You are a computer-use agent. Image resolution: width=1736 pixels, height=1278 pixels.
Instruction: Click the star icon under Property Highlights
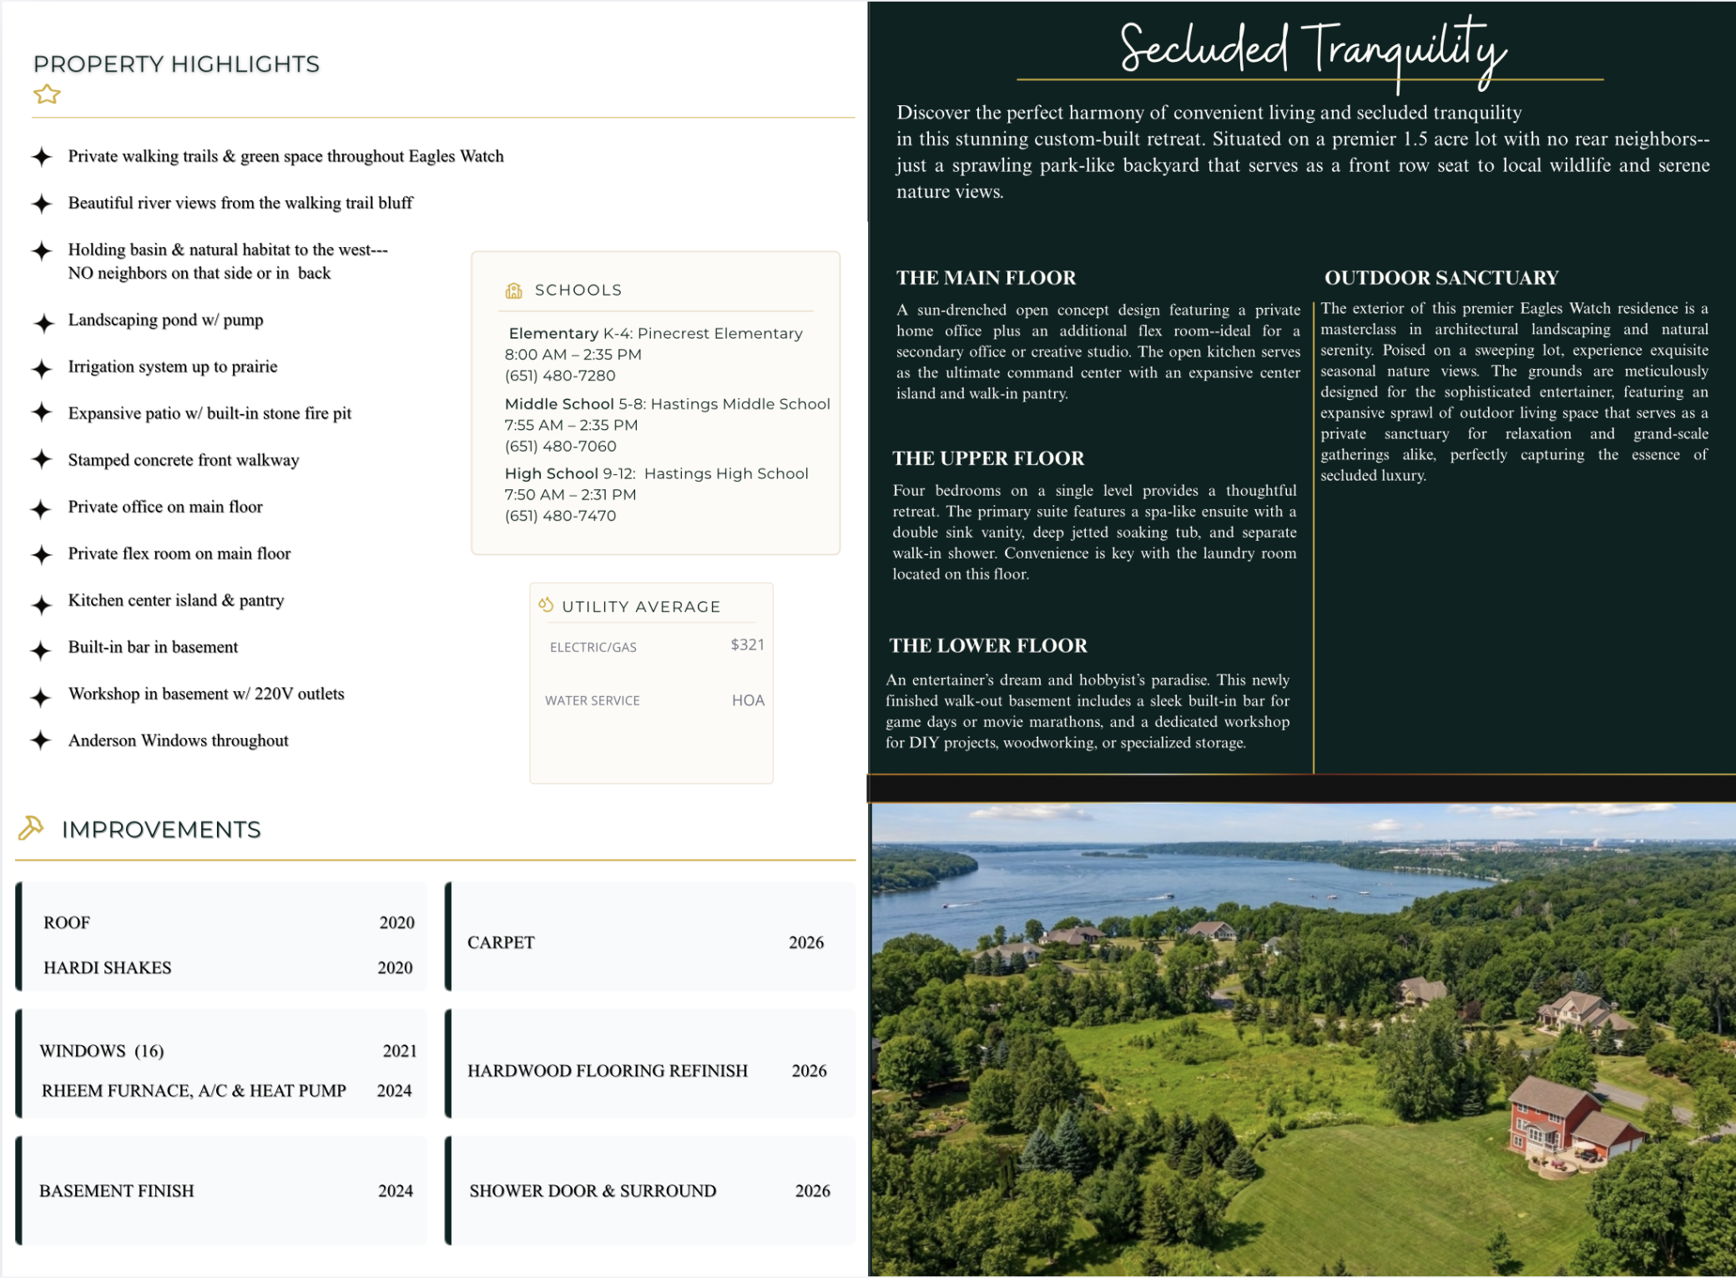47,94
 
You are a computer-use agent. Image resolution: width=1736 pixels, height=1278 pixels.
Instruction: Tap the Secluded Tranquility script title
1312,50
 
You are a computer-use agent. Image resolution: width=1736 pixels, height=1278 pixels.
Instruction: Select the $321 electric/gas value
747,644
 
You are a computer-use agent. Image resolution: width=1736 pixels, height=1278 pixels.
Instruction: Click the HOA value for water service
748,700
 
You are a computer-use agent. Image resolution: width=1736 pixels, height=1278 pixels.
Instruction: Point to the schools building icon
513,290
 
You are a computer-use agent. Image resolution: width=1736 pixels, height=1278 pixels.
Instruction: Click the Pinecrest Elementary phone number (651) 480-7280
560,376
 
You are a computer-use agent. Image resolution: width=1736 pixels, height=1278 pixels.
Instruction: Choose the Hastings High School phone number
560,516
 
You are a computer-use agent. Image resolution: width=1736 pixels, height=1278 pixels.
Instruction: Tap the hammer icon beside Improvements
31,827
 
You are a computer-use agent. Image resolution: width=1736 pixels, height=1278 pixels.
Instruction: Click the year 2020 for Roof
396,922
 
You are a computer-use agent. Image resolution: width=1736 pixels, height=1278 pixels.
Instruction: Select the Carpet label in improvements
501,942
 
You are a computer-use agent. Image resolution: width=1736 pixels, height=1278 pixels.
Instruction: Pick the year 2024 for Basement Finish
395,1191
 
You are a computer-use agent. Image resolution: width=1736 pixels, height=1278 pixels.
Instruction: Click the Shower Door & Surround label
593,1191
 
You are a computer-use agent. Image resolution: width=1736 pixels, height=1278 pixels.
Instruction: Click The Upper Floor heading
988,458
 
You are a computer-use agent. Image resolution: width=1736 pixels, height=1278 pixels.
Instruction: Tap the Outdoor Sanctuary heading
1441,278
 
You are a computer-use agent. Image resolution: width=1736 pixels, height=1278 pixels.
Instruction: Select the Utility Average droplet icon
546,605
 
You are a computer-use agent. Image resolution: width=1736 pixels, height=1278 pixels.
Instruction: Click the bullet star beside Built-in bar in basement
41,650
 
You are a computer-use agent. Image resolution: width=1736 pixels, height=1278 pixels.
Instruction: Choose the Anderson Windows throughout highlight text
178,740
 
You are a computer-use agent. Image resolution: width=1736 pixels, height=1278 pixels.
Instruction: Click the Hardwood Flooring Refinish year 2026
809,1071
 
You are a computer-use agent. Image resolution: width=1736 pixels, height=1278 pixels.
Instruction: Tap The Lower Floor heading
988,645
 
